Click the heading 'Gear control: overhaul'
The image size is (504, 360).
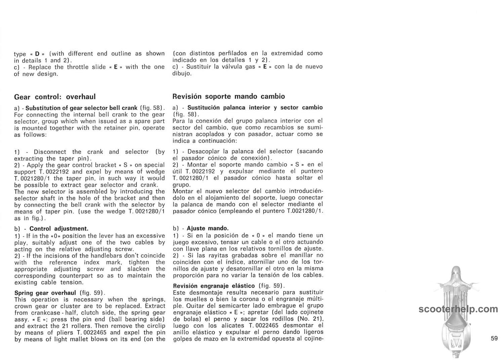pyautogui.click(x=55, y=97)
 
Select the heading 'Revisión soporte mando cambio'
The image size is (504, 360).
pyautogui.click(x=228, y=96)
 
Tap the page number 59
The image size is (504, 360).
pyautogui.click(x=494, y=338)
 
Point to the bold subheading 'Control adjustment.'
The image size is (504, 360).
pyautogui.click(x=59, y=229)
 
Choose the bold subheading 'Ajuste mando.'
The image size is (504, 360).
pyautogui.click(x=208, y=228)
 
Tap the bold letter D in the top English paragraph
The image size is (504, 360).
pyautogui.click(x=37, y=54)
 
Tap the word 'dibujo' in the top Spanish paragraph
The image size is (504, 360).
pyautogui.click(x=181, y=73)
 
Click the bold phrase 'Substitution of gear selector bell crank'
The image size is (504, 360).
pyautogui.click(x=81, y=108)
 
